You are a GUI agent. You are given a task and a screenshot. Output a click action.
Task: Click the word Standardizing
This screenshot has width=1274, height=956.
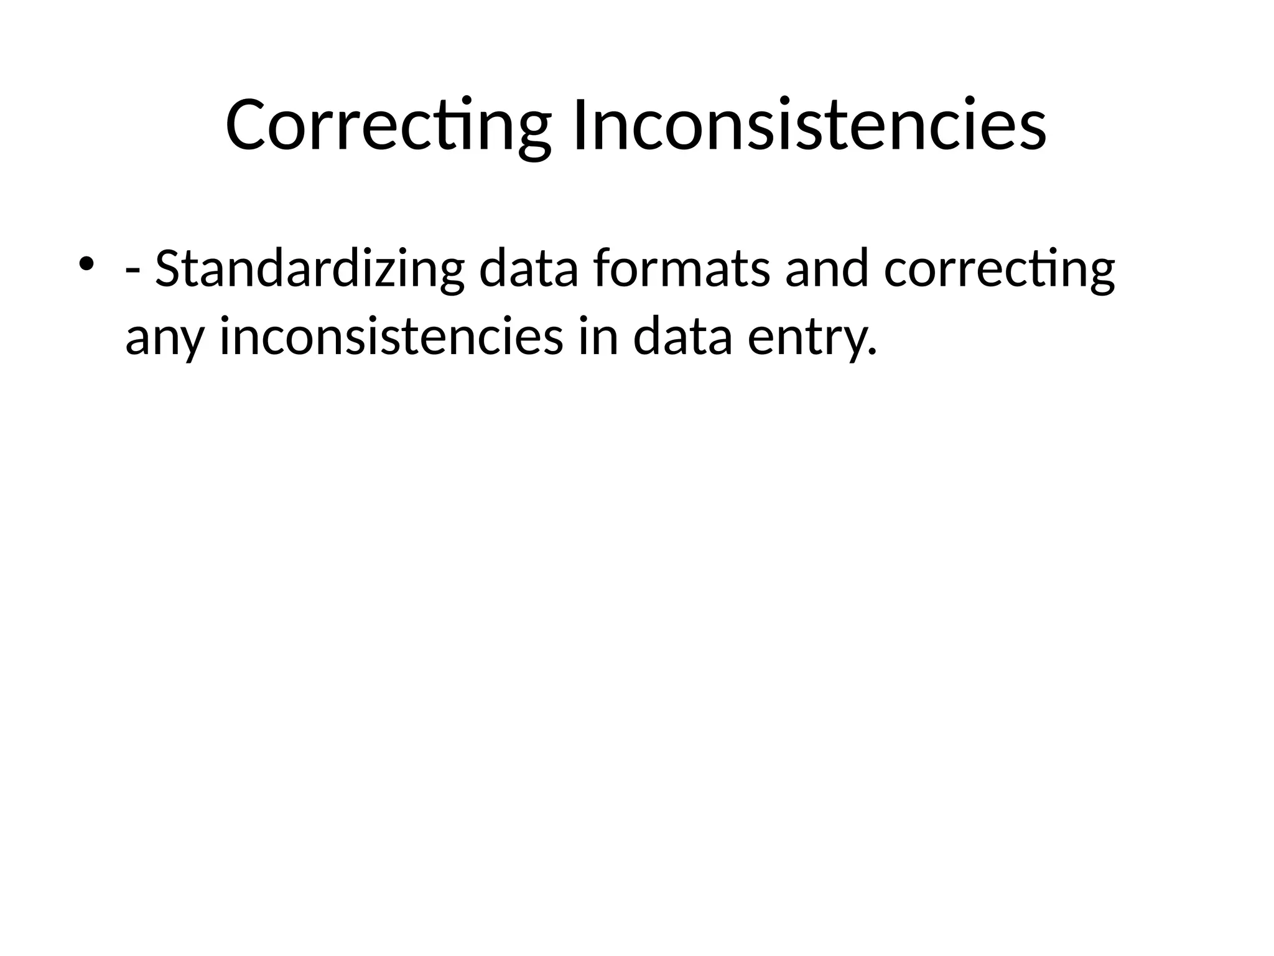[x=309, y=269]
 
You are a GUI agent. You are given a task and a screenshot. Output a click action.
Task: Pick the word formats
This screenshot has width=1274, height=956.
[x=681, y=269]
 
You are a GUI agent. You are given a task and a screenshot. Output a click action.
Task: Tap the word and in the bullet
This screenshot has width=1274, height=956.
[x=826, y=269]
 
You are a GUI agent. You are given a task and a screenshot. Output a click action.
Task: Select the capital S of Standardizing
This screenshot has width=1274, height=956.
[x=167, y=269]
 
